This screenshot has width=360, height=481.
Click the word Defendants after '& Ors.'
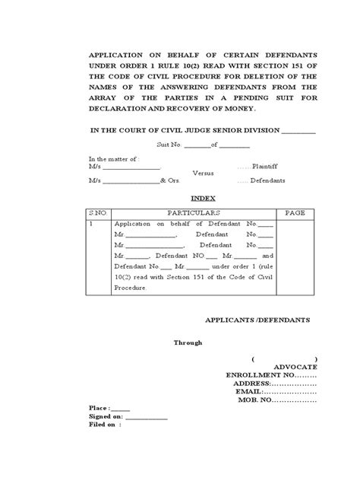(266, 180)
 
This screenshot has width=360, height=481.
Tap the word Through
(188, 342)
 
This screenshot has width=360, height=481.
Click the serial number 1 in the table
(91, 225)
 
